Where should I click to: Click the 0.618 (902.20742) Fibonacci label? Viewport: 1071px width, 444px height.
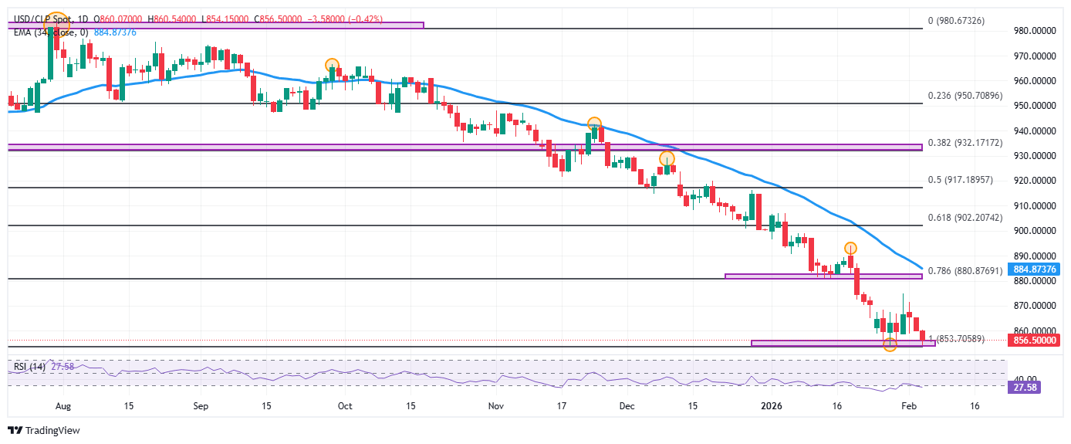(965, 219)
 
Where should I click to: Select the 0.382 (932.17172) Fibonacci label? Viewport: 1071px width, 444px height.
(965, 143)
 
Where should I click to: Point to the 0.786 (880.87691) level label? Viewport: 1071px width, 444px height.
(965, 271)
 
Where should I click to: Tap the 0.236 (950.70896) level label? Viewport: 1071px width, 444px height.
(965, 97)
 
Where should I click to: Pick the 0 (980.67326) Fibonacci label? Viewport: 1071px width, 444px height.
(957, 21)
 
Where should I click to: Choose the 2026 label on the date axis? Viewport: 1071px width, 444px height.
(772, 405)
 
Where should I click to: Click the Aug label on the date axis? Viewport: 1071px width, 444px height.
(63, 405)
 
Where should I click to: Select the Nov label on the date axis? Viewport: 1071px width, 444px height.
(495, 405)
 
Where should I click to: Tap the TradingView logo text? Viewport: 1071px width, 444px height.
(52, 431)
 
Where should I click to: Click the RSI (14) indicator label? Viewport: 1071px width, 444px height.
(27, 367)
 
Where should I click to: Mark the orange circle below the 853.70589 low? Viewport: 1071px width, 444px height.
(890, 344)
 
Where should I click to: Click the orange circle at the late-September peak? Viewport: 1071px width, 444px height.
(332, 66)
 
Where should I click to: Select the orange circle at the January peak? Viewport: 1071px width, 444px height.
(850, 249)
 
